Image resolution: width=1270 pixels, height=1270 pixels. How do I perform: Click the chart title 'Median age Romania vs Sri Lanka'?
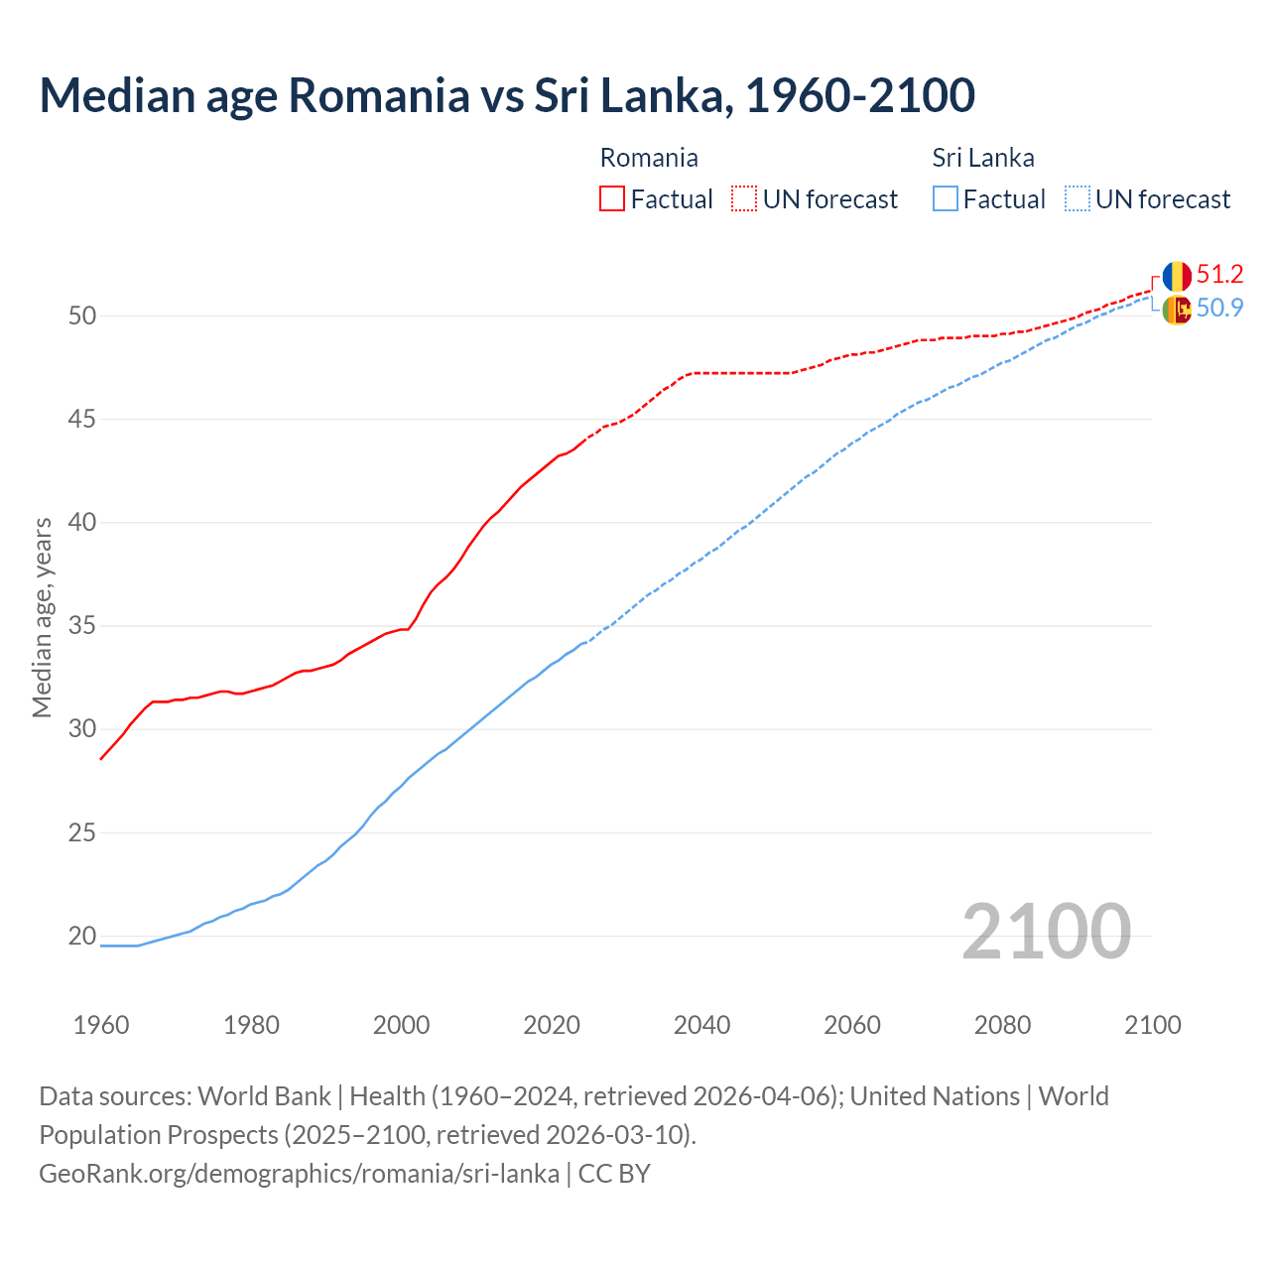(x=506, y=95)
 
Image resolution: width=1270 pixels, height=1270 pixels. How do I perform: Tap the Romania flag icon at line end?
(x=1177, y=276)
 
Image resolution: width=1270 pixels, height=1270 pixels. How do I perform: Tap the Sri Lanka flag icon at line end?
(x=1177, y=310)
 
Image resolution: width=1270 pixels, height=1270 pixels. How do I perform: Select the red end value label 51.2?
(x=1219, y=275)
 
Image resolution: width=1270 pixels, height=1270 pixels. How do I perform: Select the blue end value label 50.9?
(x=1219, y=309)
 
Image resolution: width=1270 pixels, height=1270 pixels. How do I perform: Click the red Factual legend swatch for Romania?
(x=612, y=199)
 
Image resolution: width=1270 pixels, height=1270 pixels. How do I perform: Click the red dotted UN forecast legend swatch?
(x=744, y=199)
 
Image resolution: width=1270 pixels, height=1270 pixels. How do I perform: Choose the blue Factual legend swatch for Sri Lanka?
(x=946, y=199)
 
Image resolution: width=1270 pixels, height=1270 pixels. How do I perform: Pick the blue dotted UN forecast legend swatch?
(x=1078, y=199)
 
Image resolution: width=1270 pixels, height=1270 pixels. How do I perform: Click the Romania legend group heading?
(x=649, y=158)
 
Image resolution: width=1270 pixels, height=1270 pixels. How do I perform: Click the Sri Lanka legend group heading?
(x=983, y=158)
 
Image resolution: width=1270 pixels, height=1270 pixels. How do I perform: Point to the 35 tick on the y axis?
(x=82, y=626)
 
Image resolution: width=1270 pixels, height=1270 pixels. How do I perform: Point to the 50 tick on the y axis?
(x=82, y=317)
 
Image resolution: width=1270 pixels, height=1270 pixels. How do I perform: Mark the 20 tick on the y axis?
(x=82, y=936)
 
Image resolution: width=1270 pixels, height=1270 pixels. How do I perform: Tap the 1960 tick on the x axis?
(x=101, y=1025)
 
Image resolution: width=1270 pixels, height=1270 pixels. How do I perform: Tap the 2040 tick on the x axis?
(x=701, y=1025)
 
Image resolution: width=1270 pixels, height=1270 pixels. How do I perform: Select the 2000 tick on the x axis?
(x=401, y=1025)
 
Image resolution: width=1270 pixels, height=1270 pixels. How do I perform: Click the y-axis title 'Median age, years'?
(x=42, y=617)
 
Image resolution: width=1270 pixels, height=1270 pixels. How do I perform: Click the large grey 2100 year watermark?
(x=1046, y=931)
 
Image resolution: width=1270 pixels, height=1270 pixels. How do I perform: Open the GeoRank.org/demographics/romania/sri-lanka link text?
(x=299, y=1174)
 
